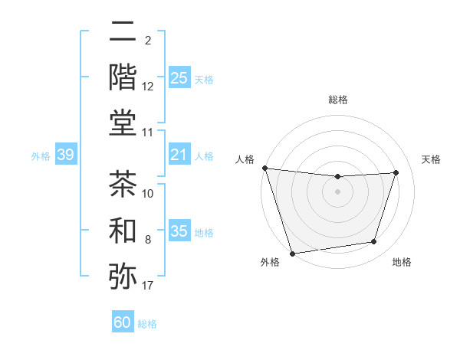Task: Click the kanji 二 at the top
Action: coord(123,32)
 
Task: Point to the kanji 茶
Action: coord(123,185)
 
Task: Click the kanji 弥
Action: coord(123,276)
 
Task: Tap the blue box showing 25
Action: coord(179,77)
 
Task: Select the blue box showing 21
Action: coord(179,155)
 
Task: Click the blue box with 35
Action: coord(179,231)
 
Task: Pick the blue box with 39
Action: coord(65,155)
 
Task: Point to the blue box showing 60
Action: coord(123,322)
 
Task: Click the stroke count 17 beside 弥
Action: coord(148,286)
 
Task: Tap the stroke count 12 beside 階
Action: coord(148,87)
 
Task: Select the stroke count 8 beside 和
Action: coord(148,241)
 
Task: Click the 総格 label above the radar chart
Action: coord(337,100)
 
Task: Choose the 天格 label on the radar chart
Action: coord(431,159)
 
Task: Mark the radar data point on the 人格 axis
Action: coord(264,168)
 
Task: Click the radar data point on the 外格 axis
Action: coord(292,253)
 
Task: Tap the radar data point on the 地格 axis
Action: coord(374,242)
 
